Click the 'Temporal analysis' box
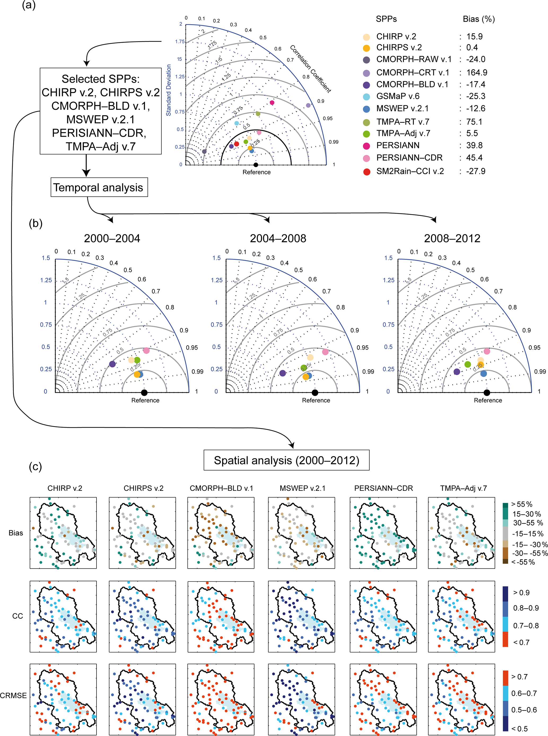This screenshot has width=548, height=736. (99, 187)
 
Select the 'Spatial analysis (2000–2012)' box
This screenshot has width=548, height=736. (286, 460)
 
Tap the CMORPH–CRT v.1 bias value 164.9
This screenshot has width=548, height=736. (477, 73)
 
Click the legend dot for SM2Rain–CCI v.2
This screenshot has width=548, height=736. (367, 172)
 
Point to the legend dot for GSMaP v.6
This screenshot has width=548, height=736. (367, 97)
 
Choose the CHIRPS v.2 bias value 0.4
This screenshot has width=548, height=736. (472, 47)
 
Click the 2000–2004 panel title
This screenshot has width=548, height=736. (112, 239)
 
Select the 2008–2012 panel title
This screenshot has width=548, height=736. (452, 239)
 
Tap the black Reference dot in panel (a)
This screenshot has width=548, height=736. (255, 165)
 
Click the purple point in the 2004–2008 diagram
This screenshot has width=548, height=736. (282, 373)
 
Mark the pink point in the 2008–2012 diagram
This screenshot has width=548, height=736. (487, 351)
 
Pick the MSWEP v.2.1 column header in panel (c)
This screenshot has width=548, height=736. (302, 488)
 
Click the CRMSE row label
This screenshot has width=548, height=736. (13, 695)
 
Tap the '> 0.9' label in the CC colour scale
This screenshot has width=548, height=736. (521, 593)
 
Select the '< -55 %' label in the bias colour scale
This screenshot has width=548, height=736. (523, 562)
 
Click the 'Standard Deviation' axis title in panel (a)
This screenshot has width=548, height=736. (169, 90)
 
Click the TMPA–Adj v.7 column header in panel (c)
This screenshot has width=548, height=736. (463, 488)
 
